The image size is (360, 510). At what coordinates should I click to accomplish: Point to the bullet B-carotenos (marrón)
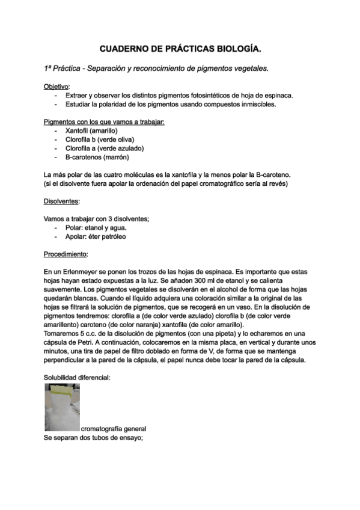pos(97,157)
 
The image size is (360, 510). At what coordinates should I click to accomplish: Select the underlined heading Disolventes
pos(62,201)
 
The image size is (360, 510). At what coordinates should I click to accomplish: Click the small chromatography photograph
pos(62,407)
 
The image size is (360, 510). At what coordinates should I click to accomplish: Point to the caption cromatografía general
pos(114,429)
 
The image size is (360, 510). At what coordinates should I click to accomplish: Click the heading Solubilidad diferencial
pos(77,378)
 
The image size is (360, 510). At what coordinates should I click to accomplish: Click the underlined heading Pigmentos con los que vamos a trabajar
pos(104,121)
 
